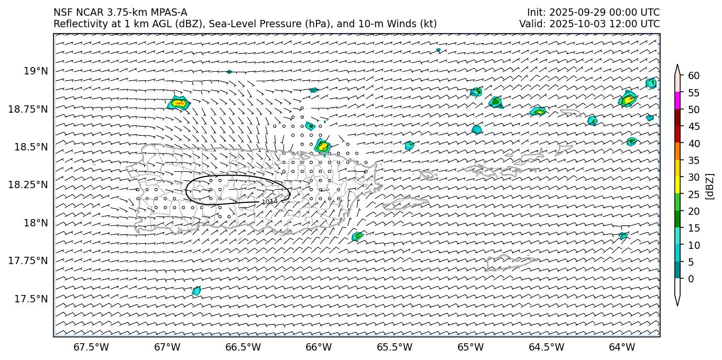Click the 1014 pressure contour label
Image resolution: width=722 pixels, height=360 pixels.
pyautogui.click(x=269, y=202)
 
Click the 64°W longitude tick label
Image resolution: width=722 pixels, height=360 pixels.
pyautogui.click(x=622, y=347)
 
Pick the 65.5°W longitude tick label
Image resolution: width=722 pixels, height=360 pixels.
pyautogui.click(x=395, y=347)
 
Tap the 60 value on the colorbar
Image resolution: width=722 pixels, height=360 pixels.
pyautogui.click(x=694, y=76)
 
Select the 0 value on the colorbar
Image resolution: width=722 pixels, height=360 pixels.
pyautogui.click(x=691, y=279)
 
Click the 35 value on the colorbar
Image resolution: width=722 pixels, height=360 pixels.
pyautogui.click(x=694, y=160)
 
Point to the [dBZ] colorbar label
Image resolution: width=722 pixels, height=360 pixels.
pyautogui.click(x=710, y=186)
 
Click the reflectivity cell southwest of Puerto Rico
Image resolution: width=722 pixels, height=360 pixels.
pyautogui.click(x=196, y=291)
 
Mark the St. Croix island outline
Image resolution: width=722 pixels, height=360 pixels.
pyautogui.click(x=511, y=262)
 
